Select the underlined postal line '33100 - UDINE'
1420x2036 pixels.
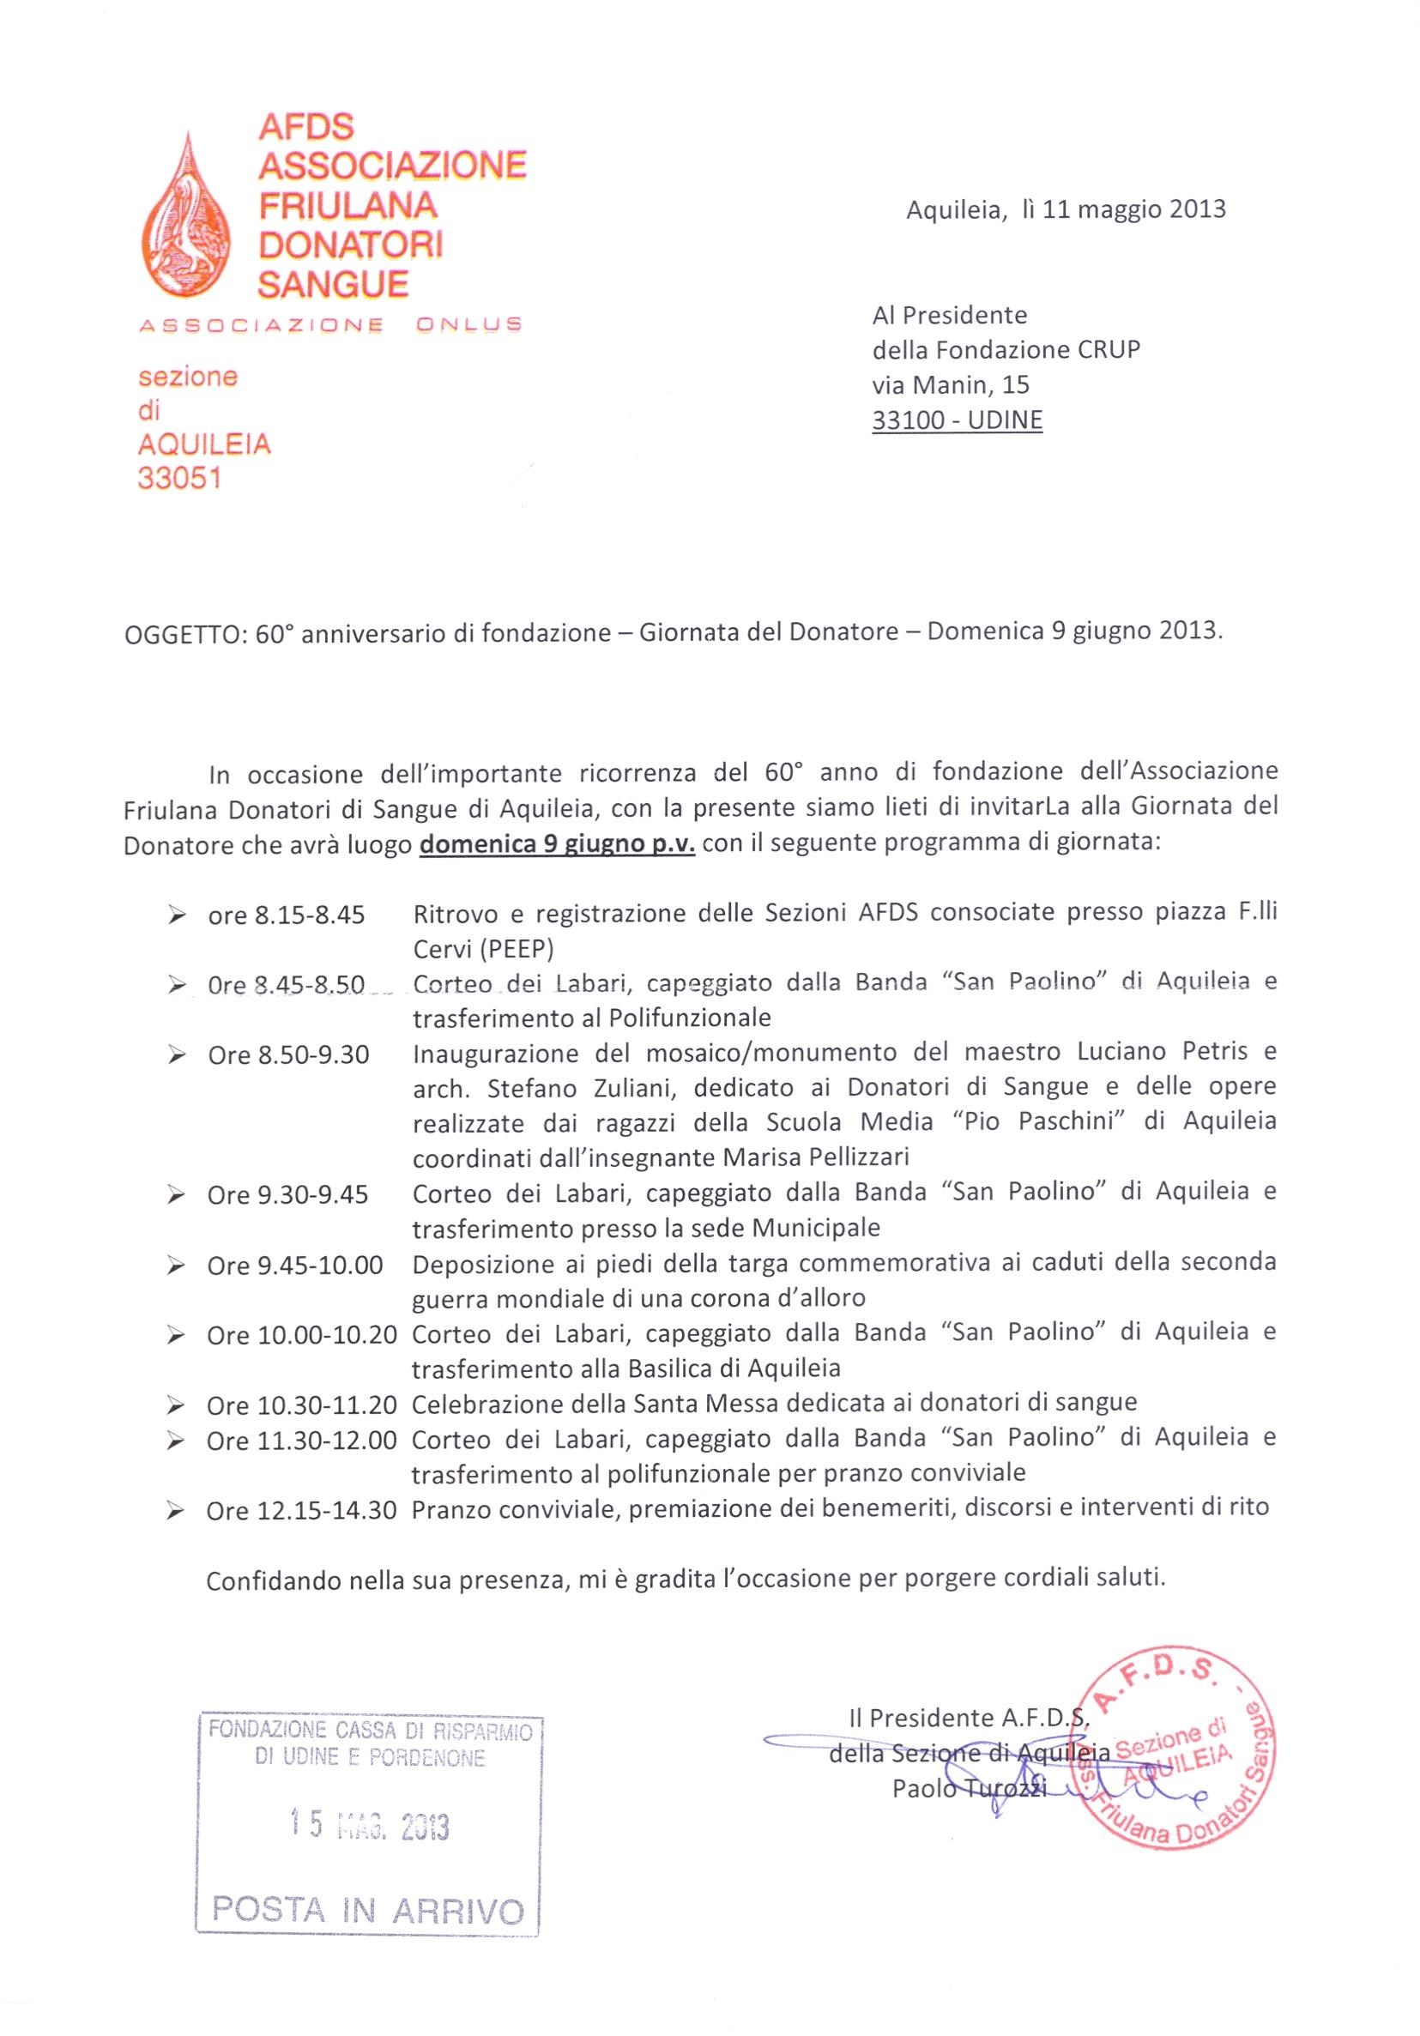[x=957, y=420]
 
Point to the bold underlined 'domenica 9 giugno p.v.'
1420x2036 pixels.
[x=557, y=843]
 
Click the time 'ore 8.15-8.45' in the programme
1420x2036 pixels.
[x=287, y=915]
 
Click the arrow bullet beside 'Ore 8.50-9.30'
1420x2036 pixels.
[x=178, y=1055]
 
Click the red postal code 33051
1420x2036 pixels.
[x=179, y=479]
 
